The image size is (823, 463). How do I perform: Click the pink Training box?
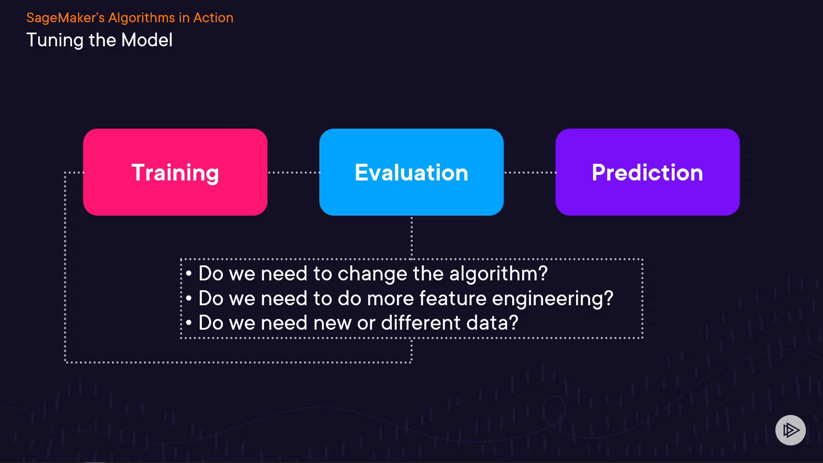[175, 172]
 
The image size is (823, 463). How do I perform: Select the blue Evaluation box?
[411, 172]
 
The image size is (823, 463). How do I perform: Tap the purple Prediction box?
[648, 172]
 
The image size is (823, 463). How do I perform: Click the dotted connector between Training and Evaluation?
[294, 173]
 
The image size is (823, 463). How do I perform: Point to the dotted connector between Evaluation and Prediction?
[530, 173]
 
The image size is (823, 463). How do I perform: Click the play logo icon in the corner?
[790, 430]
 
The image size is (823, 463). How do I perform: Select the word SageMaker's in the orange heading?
[66, 18]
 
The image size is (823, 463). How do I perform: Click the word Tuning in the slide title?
[55, 41]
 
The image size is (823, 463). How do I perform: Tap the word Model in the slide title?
[147, 40]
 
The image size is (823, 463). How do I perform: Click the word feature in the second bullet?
[453, 298]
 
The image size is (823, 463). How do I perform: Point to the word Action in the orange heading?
[213, 18]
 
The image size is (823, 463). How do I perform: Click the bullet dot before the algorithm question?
[189, 274]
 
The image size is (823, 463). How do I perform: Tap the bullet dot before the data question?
[189, 323]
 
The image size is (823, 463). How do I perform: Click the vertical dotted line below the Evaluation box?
[411, 238]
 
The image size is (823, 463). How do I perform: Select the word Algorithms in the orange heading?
[141, 18]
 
